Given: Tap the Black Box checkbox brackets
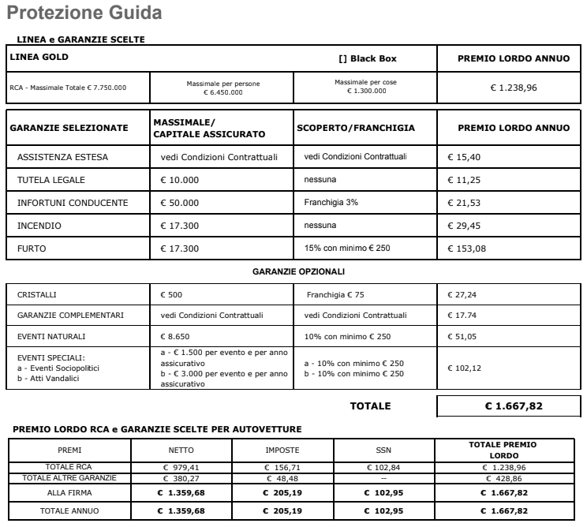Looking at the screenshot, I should tap(342, 58).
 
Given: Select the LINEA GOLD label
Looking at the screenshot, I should tap(39, 57).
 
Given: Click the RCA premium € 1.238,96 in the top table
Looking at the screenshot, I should tap(514, 88).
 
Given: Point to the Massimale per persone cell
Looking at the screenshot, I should tap(223, 88).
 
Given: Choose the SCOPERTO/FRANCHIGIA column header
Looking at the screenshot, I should tap(355, 128).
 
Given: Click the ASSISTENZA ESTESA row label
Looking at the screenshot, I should tap(62, 157).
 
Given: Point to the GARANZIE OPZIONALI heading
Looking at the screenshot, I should tap(298, 271).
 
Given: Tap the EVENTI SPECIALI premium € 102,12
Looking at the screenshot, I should tap(465, 368).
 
